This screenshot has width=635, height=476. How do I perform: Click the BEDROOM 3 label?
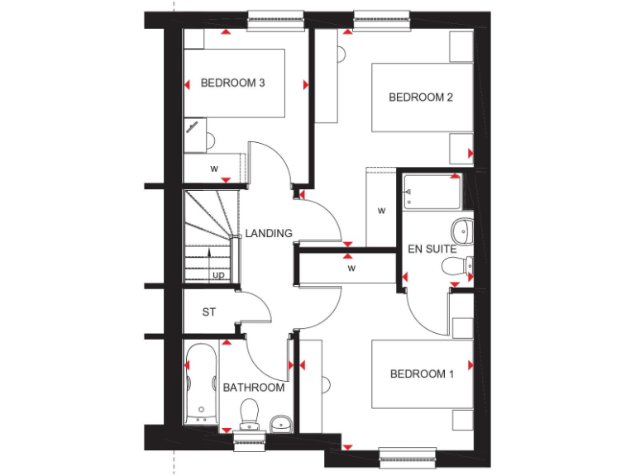232,83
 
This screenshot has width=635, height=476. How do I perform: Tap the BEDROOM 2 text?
421,98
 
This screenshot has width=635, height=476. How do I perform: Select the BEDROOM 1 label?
422,374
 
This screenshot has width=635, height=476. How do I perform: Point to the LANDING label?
269,234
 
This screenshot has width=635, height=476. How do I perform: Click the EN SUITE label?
432,249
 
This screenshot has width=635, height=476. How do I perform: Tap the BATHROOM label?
254,388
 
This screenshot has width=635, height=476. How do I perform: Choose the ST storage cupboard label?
209,312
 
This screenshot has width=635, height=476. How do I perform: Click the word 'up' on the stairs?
218,274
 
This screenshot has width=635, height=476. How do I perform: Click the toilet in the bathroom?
249,411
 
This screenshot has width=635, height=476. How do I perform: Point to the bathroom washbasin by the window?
280,424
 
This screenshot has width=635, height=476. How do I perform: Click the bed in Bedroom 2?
422,98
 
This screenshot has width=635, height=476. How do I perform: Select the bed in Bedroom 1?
422,374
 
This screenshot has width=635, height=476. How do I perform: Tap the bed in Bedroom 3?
233,83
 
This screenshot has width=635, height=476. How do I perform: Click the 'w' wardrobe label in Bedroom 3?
214,169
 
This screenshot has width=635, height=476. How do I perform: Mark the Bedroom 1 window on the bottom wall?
407,454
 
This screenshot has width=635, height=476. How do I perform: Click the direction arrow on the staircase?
210,255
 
